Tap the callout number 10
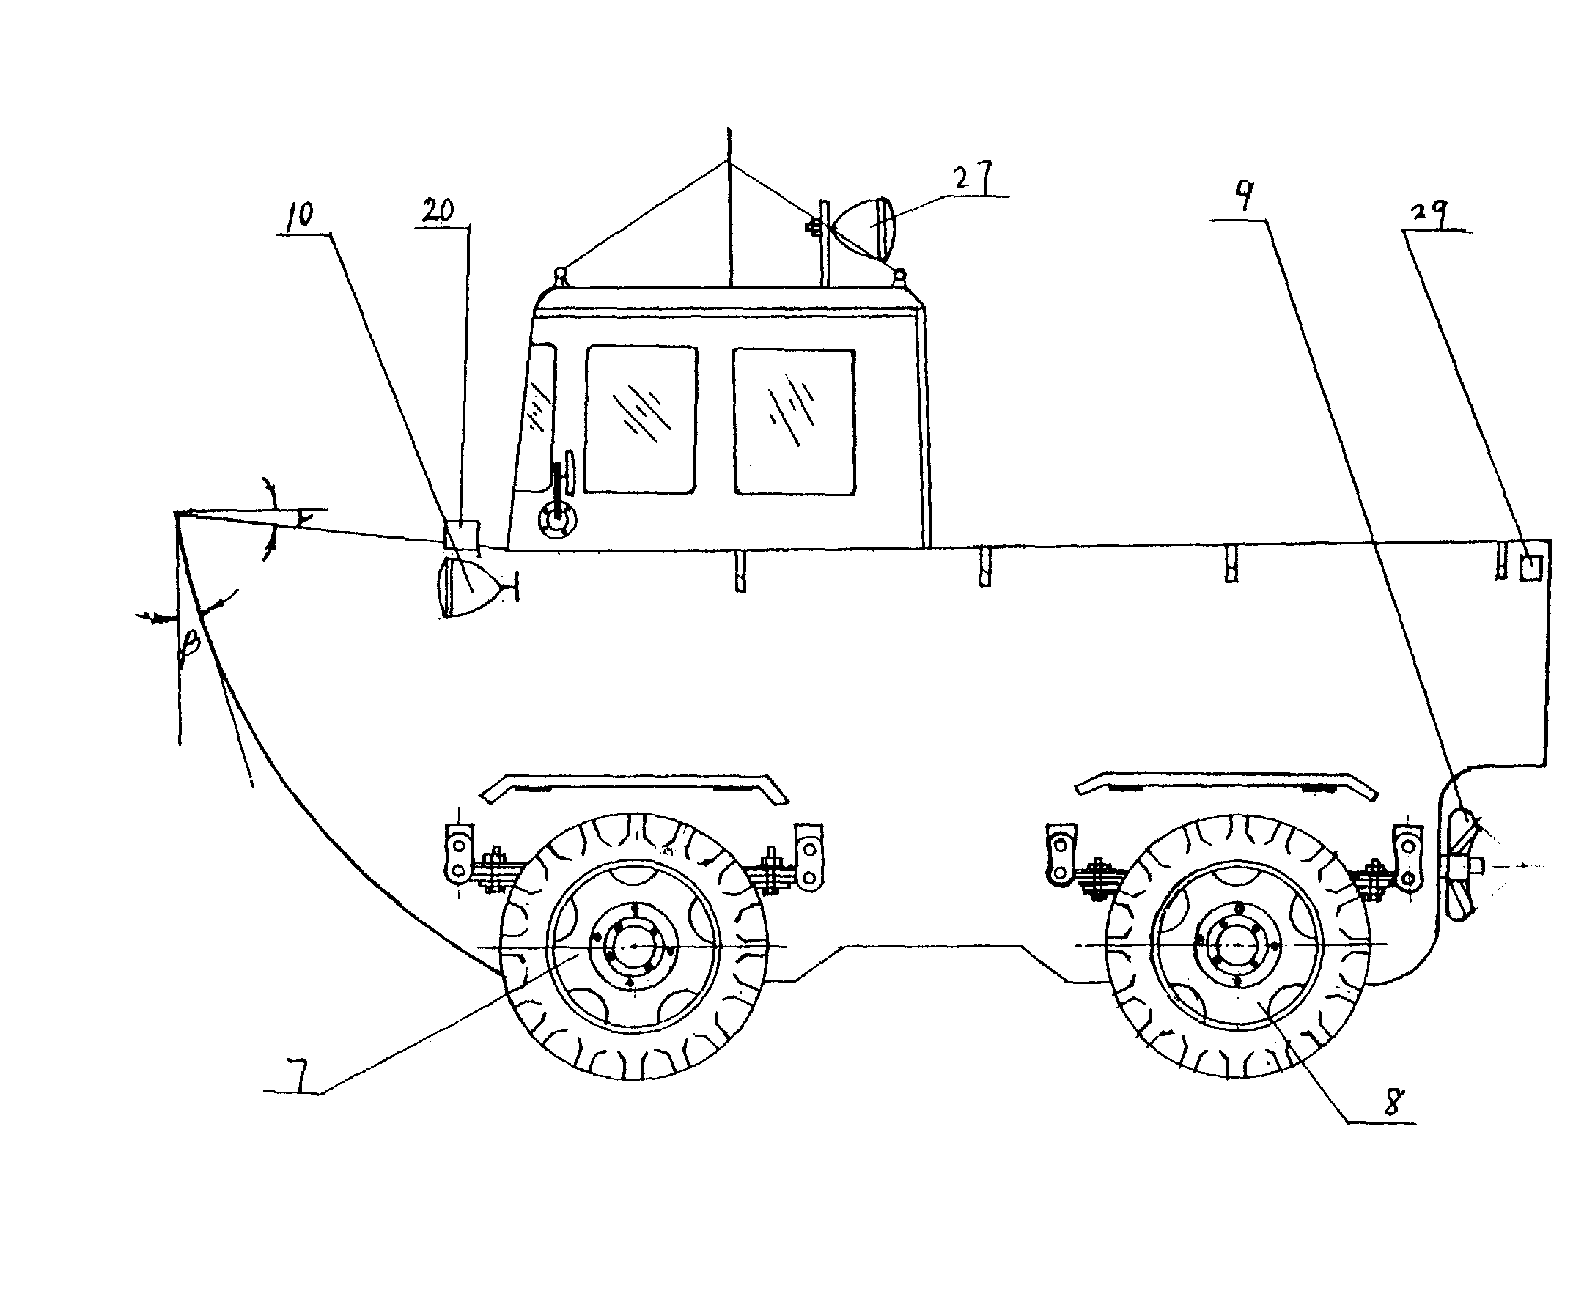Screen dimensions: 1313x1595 [x=299, y=215]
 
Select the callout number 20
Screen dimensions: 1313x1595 [x=438, y=210]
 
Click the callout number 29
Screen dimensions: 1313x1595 [x=1429, y=215]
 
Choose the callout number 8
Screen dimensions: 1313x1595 [x=1393, y=1101]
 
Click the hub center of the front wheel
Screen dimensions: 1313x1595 [x=632, y=946]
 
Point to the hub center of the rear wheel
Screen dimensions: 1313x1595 [x=1237, y=944]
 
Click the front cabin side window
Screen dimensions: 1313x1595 [x=640, y=419]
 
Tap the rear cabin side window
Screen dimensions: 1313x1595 [x=794, y=422]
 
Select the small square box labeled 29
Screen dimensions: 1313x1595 [x=1530, y=567]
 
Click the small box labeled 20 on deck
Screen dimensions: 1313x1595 [x=461, y=535]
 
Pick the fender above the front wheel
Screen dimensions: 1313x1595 [x=634, y=783]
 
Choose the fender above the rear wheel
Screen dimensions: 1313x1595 [x=1226, y=783]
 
